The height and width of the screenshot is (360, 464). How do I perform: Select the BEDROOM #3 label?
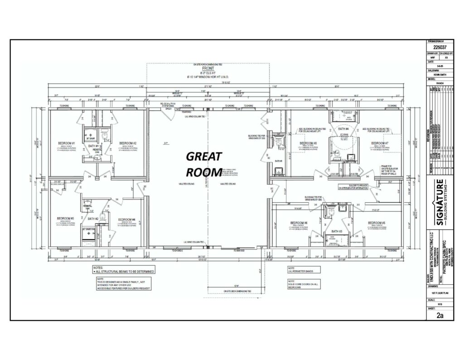[x=66, y=218]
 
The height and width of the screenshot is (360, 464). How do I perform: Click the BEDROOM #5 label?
[x=377, y=223]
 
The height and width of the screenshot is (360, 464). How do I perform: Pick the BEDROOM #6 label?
[x=300, y=223]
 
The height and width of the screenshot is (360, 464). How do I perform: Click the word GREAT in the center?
[x=204, y=157]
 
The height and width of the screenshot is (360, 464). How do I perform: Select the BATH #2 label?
[x=93, y=219]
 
